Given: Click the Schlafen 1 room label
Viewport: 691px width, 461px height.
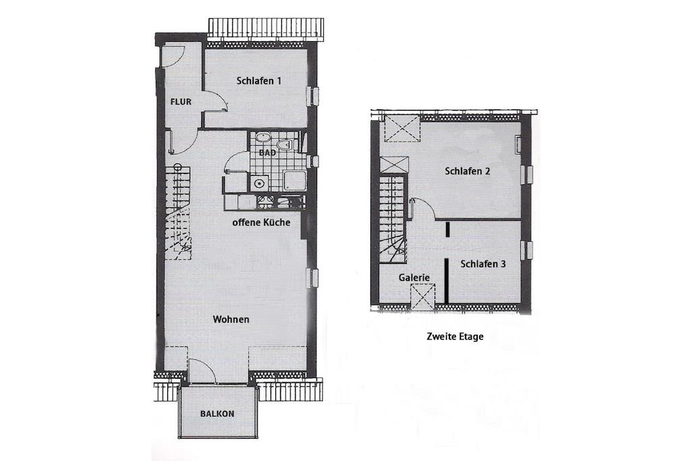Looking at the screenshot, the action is [258, 81].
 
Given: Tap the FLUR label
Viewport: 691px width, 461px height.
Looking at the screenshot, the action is [181, 102].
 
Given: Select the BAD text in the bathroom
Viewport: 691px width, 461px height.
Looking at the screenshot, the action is [267, 153].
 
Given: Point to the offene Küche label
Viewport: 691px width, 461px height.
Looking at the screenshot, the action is [261, 223].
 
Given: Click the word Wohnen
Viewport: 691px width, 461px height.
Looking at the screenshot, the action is [231, 319].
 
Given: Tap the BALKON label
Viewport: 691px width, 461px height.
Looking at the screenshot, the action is [217, 414].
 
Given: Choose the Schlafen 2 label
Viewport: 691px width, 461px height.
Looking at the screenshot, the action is [468, 171].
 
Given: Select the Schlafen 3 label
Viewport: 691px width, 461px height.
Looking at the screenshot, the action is [483, 264].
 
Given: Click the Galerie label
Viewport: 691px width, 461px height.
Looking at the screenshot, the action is [414, 277].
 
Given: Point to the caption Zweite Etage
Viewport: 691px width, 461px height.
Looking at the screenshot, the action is [455, 337].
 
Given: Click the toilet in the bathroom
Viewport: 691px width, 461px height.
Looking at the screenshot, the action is [285, 144].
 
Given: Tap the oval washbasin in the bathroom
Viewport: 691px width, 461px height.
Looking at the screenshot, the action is [264, 138].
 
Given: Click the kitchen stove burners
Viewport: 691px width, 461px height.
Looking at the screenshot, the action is [266, 201].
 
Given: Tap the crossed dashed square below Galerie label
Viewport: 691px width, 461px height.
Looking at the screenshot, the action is [422, 298].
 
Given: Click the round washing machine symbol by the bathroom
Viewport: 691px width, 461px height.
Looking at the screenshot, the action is [259, 183].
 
